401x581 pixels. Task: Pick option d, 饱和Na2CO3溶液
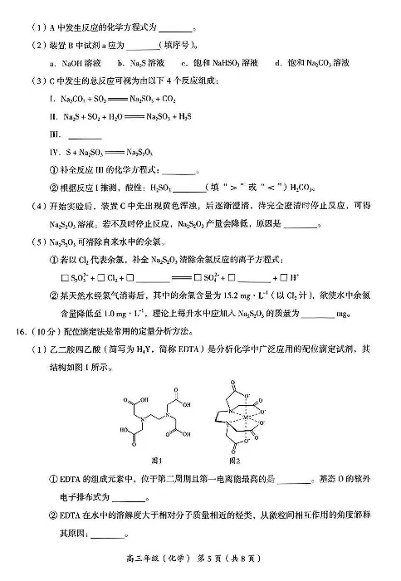click(315, 62)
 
